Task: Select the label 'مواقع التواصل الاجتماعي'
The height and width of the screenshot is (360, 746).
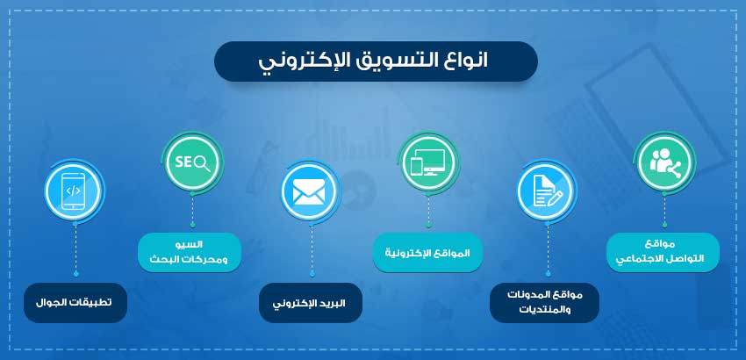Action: pos(664,252)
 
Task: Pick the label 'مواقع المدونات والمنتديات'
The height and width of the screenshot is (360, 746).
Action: pos(544,301)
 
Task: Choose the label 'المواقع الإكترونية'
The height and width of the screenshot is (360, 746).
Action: pos(427,253)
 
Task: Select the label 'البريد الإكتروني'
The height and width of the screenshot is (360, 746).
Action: pos(309,303)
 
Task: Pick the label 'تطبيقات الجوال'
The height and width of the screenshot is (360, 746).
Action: pos(75,303)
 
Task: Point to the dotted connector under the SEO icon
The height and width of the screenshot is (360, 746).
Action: pos(192,212)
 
